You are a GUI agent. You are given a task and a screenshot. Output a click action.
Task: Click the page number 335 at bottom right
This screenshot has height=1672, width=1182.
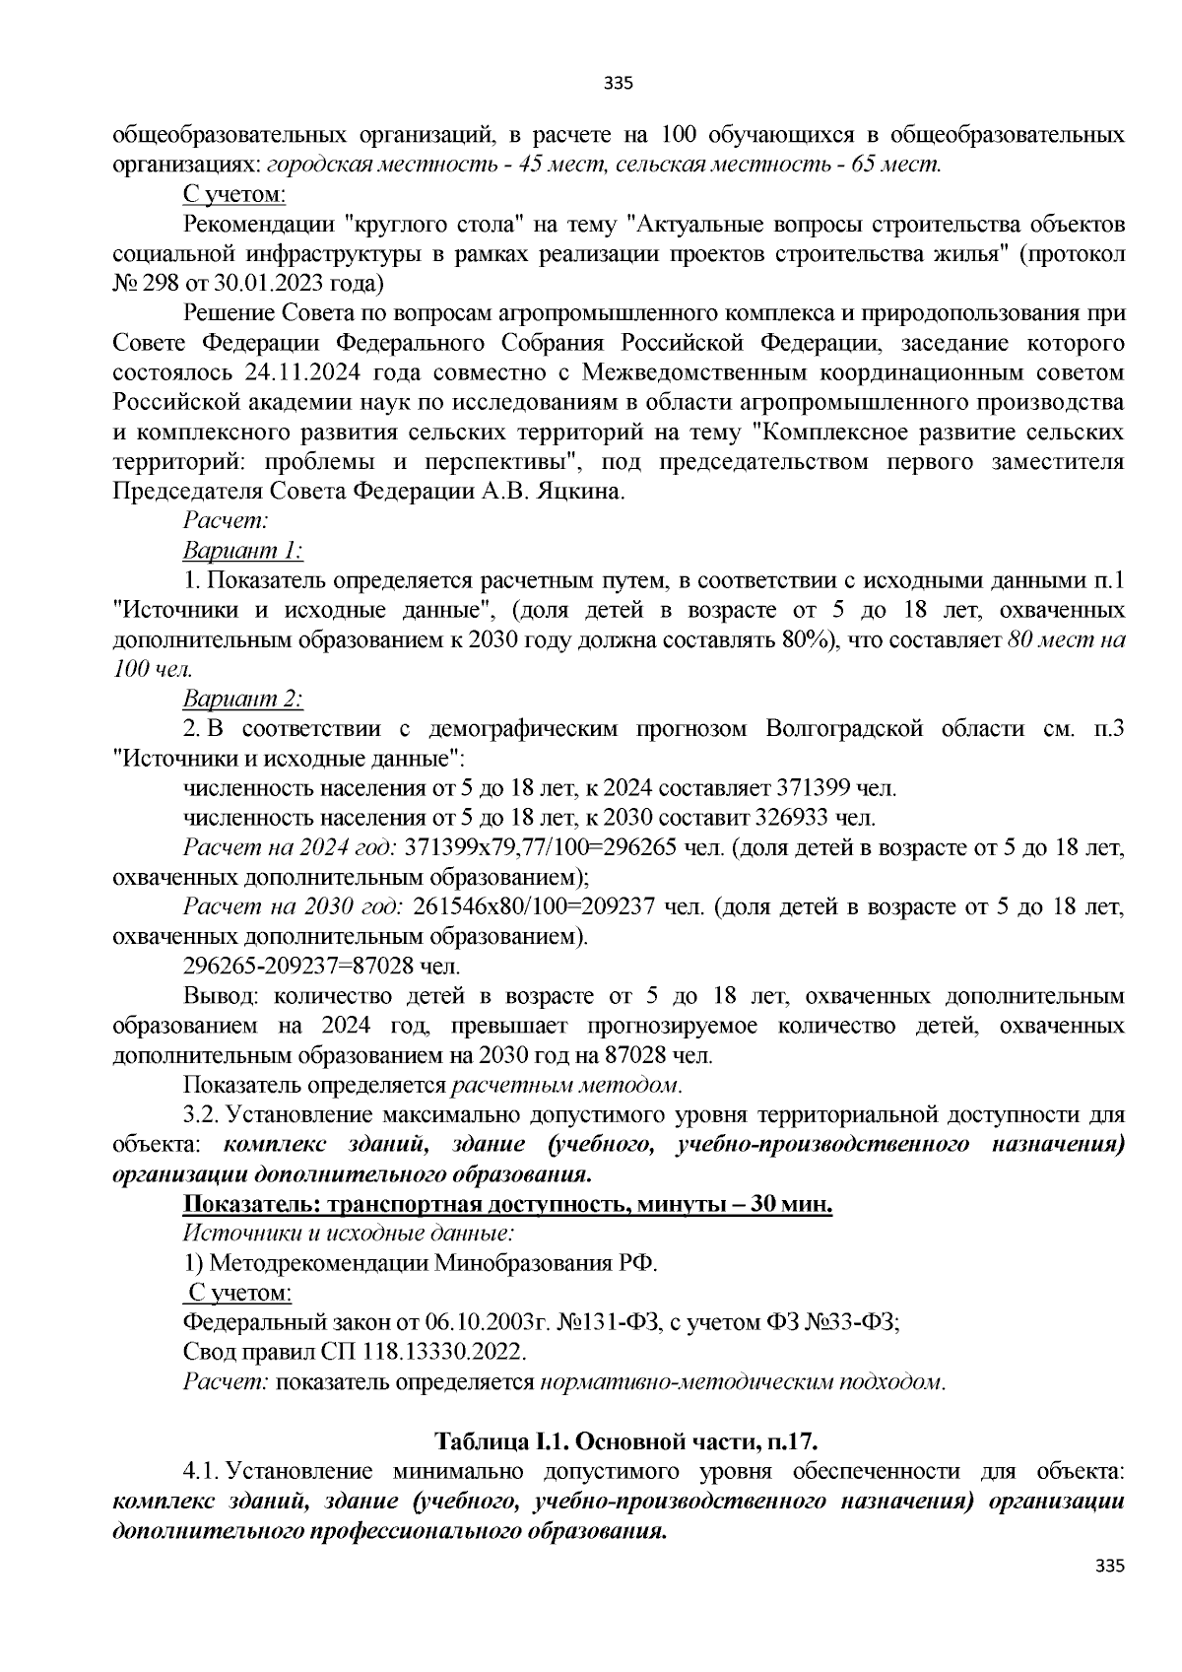(x=1109, y=1566)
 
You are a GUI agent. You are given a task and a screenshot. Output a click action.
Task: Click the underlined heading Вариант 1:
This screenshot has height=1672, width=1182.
(x=243, y=550)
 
